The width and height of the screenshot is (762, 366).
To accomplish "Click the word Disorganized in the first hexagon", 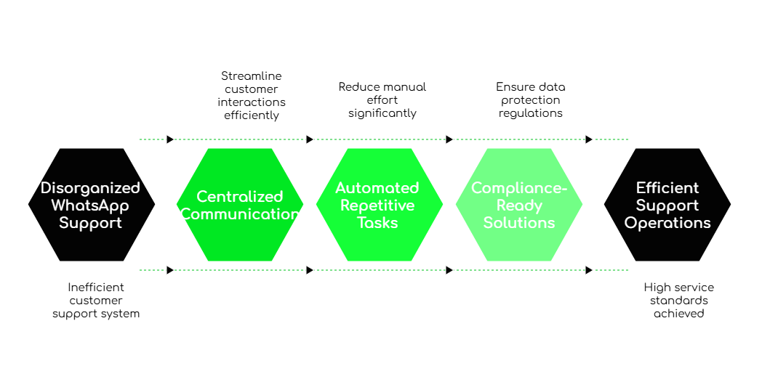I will tap(90, 188).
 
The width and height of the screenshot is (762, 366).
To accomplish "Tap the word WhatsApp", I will tap(90, 206).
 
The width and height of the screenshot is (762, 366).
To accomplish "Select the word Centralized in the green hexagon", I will tap(239, 197).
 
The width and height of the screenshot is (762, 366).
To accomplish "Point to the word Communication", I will tap(239, 214).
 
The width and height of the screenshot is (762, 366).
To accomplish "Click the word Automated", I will tap(377, 188).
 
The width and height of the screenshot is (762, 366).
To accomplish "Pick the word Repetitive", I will tap(377, 206).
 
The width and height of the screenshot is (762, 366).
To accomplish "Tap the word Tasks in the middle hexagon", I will tap(377, 223).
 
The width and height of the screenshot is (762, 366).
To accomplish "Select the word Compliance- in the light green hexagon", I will tap(518, 188).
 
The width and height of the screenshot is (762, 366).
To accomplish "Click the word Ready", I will tap(518, 206).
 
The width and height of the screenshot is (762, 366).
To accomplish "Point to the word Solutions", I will tap(518, 223).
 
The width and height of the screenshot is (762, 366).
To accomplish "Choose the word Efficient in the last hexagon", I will tap(667, 188).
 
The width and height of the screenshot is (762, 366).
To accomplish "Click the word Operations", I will tap(667, 223).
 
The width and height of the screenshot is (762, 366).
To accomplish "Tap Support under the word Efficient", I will tap(667, 206).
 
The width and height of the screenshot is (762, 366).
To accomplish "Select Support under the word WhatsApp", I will tap(90, 223).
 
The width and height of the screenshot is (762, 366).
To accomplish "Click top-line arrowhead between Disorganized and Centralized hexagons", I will tap(170, 139).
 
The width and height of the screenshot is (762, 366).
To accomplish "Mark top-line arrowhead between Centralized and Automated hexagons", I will tap(310, 139).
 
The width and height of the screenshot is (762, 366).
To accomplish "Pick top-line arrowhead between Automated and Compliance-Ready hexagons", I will tap(449, 139).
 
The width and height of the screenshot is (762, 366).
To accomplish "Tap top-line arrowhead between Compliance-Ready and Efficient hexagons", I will tap(589, 139).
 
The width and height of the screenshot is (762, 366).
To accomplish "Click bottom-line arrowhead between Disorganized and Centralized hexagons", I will tap(170, 270).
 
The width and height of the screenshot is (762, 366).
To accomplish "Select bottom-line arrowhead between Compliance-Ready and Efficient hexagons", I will tap(589, 270).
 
